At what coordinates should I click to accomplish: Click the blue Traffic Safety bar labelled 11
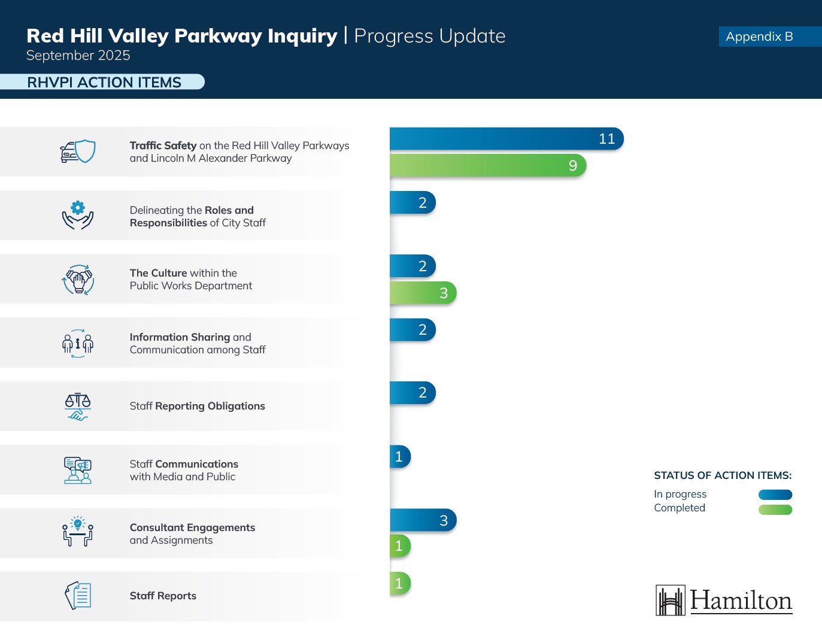506,139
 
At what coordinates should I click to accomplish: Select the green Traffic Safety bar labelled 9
488,165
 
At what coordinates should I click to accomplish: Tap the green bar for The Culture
423,293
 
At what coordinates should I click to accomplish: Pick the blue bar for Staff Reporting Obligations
412,393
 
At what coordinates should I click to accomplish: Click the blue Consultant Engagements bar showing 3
423,520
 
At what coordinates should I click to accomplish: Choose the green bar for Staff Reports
400,583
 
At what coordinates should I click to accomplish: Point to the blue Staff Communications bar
400,457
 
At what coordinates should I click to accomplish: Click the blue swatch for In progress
775,495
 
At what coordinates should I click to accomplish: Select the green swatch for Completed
775,509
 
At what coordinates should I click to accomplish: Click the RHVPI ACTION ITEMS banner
102,82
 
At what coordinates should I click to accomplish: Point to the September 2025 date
78,55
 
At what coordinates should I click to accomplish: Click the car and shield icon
78,151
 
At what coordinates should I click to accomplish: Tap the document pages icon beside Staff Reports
78,595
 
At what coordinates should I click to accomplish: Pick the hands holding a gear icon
78,215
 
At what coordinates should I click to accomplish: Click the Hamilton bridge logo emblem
671,600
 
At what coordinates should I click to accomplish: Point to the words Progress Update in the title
430,37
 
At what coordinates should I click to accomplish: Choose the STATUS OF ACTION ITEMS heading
723,475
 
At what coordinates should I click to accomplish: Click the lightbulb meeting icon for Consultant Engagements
78,530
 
